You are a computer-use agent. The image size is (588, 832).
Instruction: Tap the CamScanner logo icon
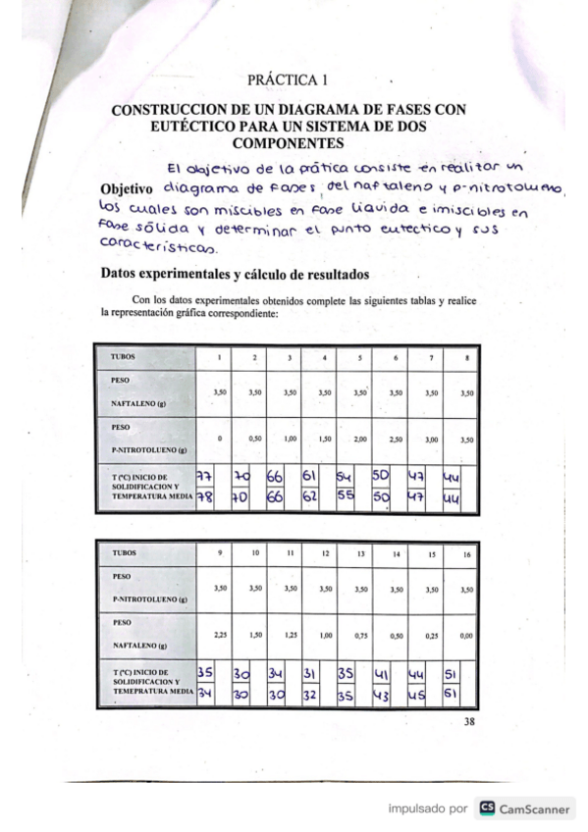[x=486, y=809]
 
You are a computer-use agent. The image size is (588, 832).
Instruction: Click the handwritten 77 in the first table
[x=205, y=476]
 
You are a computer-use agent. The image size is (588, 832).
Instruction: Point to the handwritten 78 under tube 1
[x=205, y=497]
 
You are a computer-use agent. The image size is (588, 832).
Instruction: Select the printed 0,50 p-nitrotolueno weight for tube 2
[x=254, y=440]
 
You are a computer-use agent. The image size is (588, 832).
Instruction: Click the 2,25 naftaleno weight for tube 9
[x=220, y=635]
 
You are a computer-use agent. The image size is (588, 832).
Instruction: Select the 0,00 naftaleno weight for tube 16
[x=467, y=635]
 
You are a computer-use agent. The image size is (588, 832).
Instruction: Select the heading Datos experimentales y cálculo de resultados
[x=233, y=274]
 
